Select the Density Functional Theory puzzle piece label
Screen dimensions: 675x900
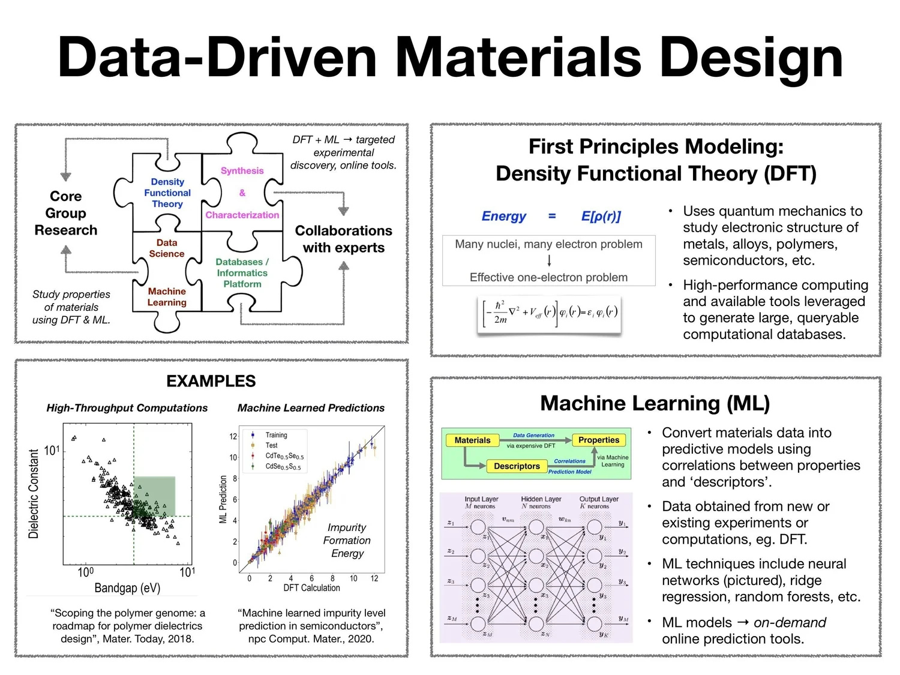click(167, 193)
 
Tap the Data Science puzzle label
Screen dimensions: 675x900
click(167, 248)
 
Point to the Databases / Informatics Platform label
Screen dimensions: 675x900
click(242, 273)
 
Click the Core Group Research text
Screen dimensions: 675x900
click(66, 213)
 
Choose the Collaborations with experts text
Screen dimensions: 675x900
click(343, 239)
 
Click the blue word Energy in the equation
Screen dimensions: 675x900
click(503, 216)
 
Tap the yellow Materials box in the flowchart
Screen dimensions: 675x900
click(472, 440)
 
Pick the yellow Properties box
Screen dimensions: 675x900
click(598, 440)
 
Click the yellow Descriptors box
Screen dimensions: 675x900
click(517, 466)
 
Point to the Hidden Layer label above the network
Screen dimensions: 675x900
click(541, 499)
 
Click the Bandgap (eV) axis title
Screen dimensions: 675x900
click(127, 588)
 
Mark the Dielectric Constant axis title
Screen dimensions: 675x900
click(34, 493)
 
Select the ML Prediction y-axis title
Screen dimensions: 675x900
click(223, 499)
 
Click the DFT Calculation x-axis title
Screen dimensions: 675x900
click(311, 588)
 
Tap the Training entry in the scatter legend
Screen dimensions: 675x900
click(276, 435)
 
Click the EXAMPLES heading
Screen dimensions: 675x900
click(211, 381)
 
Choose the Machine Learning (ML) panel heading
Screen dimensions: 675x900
click(655, 403)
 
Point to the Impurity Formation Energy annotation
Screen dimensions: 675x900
click(347, 540)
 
